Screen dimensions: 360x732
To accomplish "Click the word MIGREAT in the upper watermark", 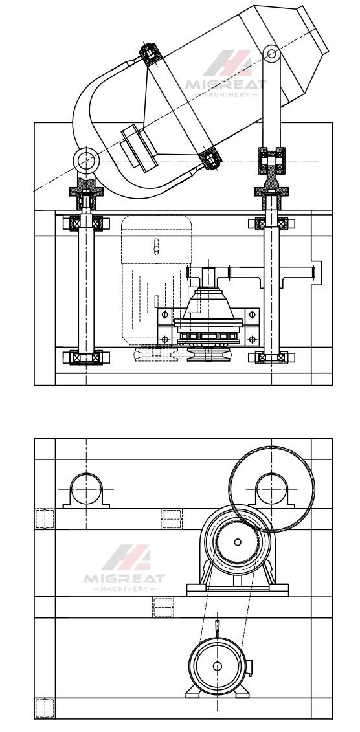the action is tap(225, 85).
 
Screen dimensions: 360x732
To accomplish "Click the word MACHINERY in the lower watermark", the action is tap(124, 589).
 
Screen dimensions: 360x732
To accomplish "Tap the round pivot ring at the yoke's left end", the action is tap(86, 160).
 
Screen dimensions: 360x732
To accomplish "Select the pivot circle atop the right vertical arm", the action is tap(271, 53).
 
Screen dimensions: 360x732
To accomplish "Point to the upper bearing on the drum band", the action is tap(150, 54).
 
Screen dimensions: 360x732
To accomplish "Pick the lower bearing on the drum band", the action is tap(210, 158).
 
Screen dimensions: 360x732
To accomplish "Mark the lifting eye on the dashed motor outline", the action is tap(157, 247).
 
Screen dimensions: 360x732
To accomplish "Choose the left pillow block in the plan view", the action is tap(86, 490).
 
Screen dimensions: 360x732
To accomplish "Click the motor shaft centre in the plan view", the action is tap(217, 666).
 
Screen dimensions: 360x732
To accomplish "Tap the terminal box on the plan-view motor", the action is tap(249, 668).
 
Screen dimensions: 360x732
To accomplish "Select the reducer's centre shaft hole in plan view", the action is tap(238, 542).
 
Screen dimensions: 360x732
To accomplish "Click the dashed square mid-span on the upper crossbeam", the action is tap(172, 519).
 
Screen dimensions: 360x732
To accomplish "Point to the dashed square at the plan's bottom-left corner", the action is tap(45, 707).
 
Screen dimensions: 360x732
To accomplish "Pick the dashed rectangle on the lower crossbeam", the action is tap(163, 607).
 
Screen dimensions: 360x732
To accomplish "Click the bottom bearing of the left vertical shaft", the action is tap(86, 358).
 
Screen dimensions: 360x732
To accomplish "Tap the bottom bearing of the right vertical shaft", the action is tap(271, 358).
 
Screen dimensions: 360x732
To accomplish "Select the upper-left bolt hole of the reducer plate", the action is tap(164, 314).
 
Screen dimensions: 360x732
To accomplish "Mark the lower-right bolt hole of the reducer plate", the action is tap(252, 339).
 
